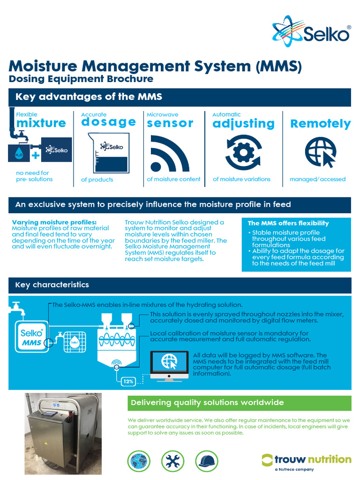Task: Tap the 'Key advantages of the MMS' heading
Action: point(89,97)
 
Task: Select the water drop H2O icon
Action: point(19,153)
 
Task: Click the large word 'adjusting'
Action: point(243,123)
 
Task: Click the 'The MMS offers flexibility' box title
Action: point(288,223)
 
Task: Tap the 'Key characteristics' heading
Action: point(52,285)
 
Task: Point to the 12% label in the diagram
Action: point(128,381)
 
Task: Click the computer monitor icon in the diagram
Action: point(169,363)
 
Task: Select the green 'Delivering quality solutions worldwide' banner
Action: point(239,403)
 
